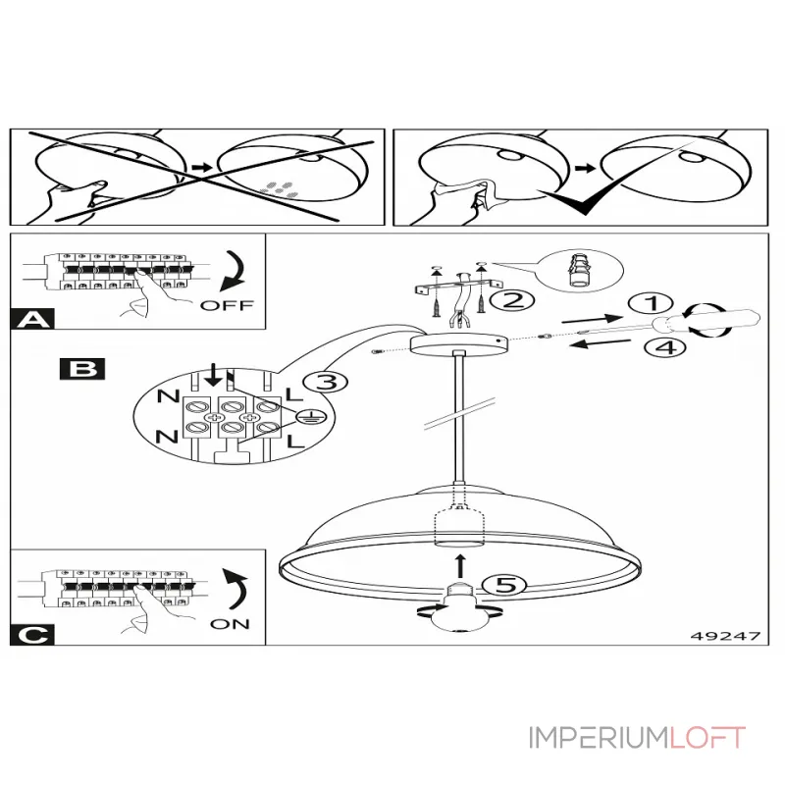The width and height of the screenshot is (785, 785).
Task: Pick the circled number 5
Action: (x=503, y=586)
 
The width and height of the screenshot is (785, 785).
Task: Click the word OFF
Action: (x=227, y=305)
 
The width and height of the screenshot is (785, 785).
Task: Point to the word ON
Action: (x=231, y=623)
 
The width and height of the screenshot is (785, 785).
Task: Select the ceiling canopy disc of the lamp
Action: (x=459, y=343)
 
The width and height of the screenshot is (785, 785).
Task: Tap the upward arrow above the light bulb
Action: (x=460, y=564)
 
